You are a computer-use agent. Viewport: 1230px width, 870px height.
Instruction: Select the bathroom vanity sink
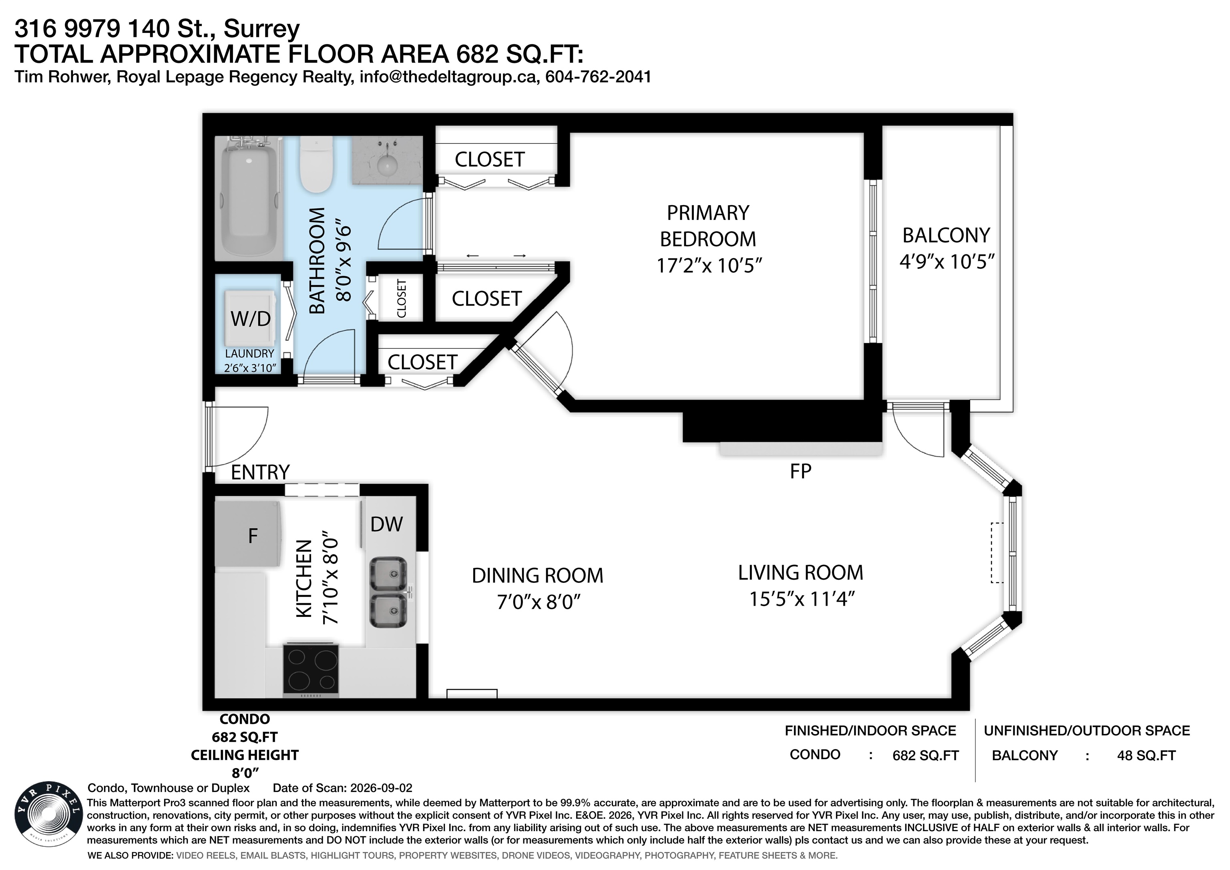click(387, 160)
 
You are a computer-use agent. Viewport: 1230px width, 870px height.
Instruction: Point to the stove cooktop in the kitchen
click(311, 670)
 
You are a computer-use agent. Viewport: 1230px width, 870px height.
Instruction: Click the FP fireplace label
click(800, 471)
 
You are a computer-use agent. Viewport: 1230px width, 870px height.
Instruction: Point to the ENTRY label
click(260, 472)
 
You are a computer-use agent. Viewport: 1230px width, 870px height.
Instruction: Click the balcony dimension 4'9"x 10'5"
click(947, 262)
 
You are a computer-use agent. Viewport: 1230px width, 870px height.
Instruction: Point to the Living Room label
click(800, 572)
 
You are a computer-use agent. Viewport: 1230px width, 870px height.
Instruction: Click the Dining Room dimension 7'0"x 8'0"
click(539, 602)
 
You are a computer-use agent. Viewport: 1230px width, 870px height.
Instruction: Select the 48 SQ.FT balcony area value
click(1146, 756)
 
